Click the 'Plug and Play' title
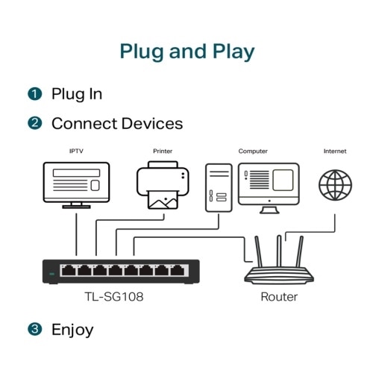[186, 51]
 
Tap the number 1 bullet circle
[35, 94]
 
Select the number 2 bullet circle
[35, 123]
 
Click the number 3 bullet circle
[35, 329]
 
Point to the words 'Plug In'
[77, 94]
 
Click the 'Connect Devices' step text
[116, 123]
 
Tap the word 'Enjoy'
[72, 329]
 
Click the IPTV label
[76, 151]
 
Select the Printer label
[163, 151]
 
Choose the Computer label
[253, 151]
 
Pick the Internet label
[335, 151]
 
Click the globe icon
[335, 184]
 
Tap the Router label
[279, 297]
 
